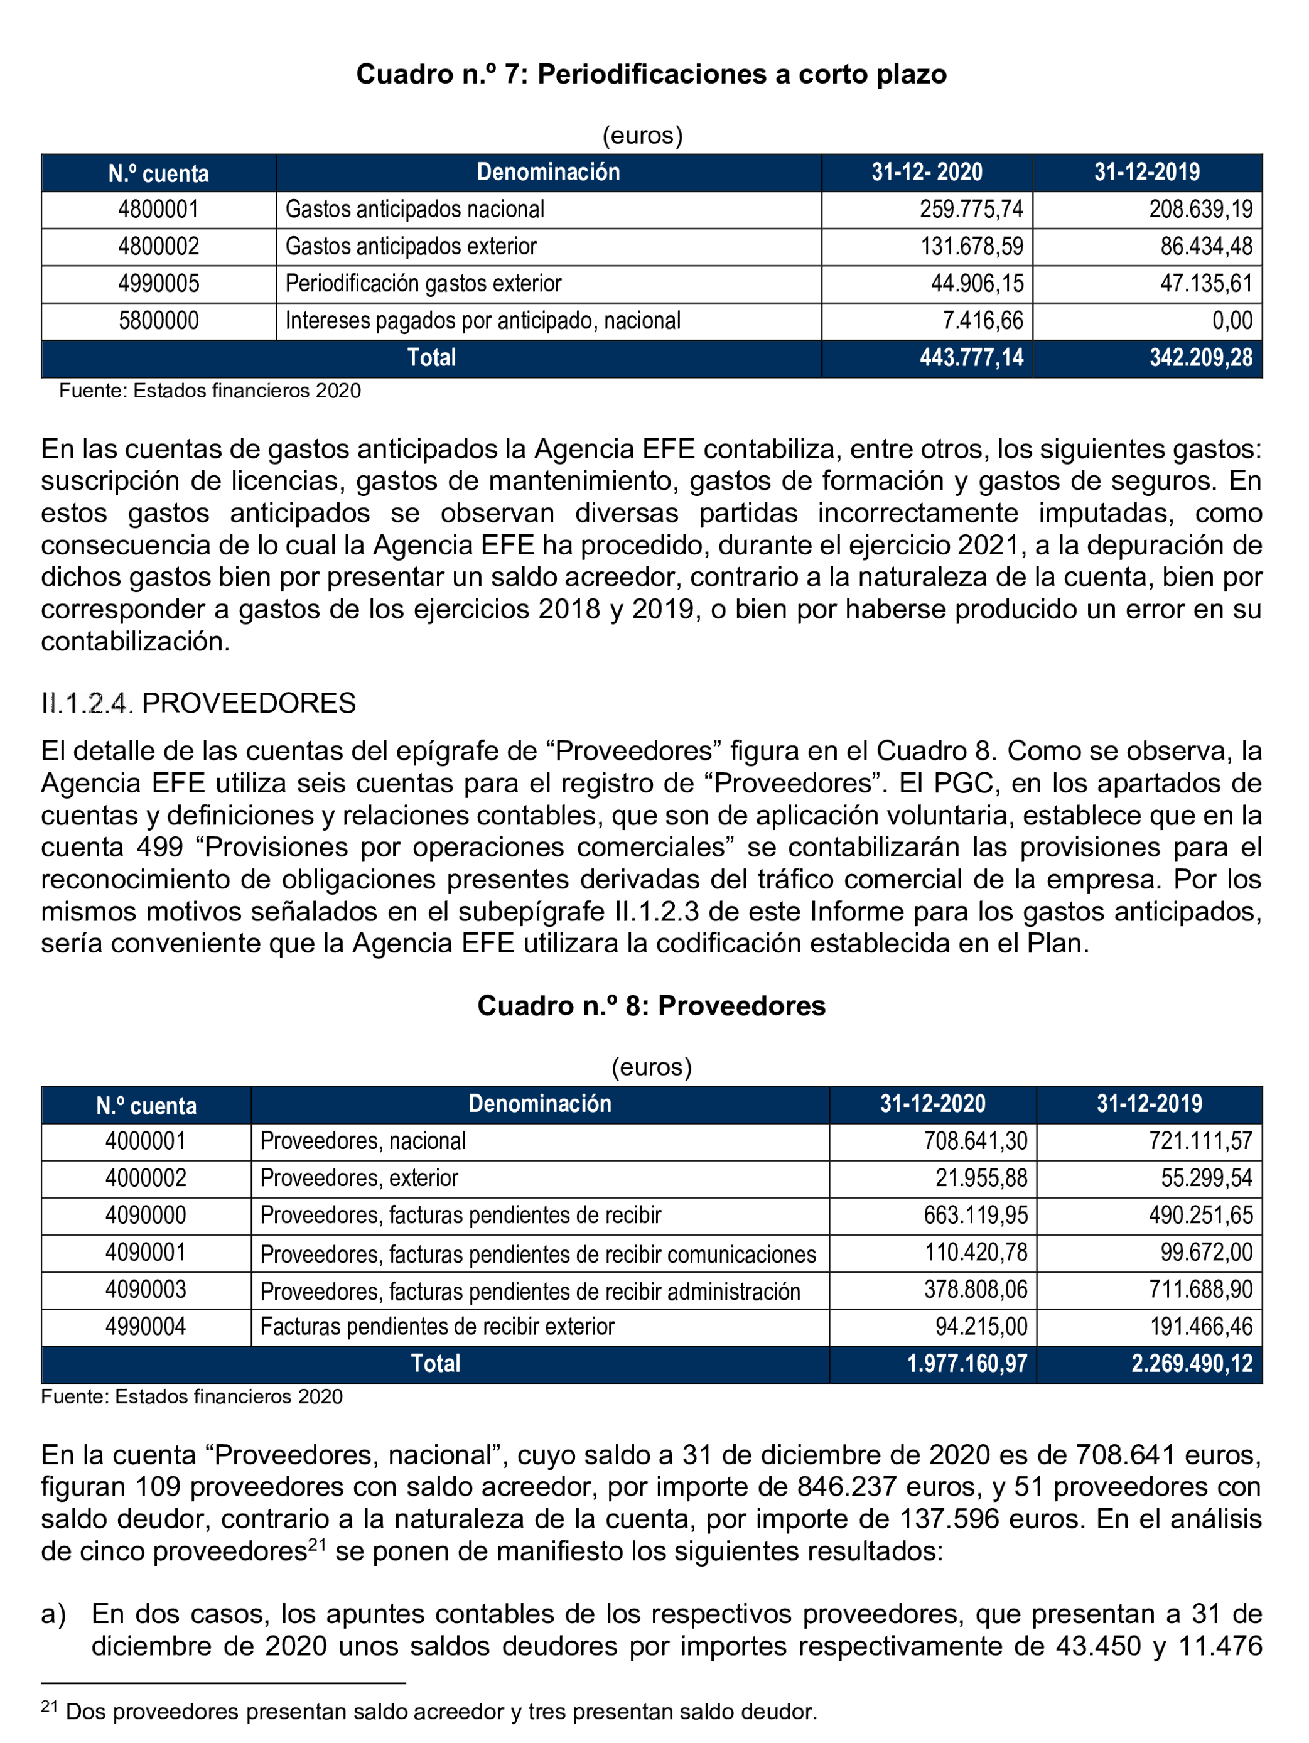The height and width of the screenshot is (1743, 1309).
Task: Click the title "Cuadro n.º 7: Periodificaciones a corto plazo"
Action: tap(651, 74)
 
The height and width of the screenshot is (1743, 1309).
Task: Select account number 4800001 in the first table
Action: tap(158, 210)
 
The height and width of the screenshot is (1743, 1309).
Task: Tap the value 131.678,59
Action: tap(972, 247)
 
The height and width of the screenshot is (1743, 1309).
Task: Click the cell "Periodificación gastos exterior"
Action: tap(423, 284)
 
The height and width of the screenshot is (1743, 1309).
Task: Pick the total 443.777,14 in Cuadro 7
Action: tap(971, 358)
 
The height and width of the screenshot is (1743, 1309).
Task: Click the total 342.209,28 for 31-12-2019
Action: tap(1200, 358)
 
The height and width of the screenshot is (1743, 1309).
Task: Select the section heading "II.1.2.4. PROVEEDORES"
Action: tap(198, 703)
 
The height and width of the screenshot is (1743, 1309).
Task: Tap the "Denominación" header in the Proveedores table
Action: tap(540, 1104)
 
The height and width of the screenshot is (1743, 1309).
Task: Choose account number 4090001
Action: tap(146, 1252)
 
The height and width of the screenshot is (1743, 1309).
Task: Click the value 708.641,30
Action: tap(976, 1141)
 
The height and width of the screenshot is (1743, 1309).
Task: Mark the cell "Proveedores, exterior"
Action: tap(359, 1178)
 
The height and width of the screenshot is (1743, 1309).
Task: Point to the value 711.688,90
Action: tap(1200, 1289)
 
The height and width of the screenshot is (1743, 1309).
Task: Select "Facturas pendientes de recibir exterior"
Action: tap(438, 1326)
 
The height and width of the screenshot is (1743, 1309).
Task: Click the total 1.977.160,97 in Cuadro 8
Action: tap(967, 1364)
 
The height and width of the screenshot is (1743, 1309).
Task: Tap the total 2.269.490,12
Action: tap(1192, 1364)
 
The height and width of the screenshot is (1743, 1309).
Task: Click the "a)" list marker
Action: tap(53, 1614)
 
